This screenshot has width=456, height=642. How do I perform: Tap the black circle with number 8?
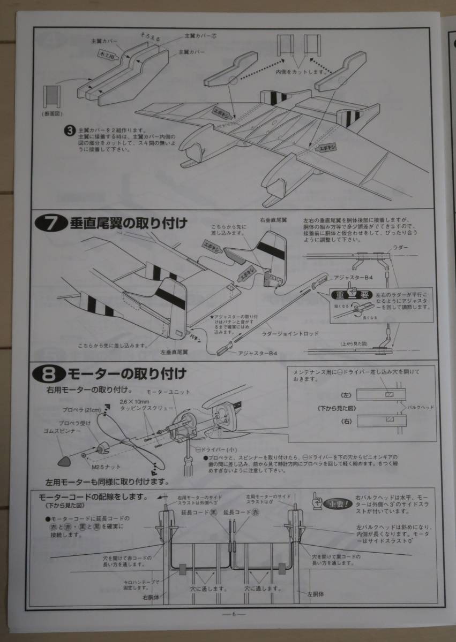(x=46, y=371)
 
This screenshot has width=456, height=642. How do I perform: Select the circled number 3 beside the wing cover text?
(x=69, y=130)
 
